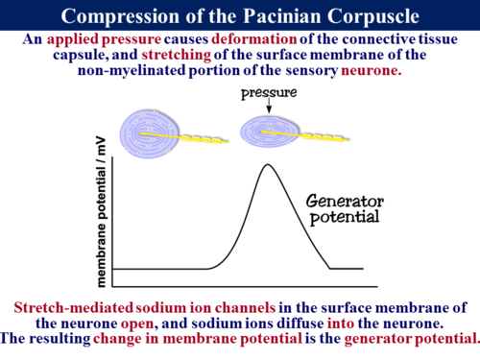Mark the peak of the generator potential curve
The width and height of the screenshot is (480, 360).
pyautogui.click(x=266, y=165)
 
